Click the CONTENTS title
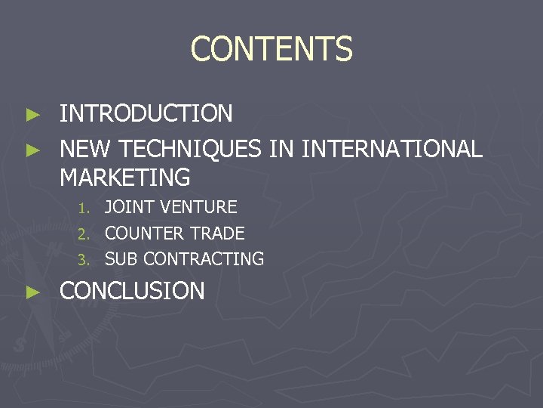coord(271,50)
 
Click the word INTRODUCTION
coord(146,114)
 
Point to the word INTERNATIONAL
coord(391,149)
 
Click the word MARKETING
coord(124,178)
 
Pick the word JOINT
coord(128,207)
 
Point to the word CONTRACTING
coord(204,259)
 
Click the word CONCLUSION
coord(132,291)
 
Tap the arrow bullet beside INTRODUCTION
coord(32,115)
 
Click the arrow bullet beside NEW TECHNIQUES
coord(32,150)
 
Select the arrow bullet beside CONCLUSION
coord(32,292)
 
